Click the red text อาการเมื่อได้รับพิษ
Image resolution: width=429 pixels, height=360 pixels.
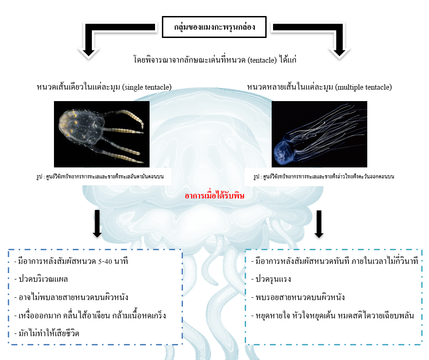pyautogui.click(x=214, y=196)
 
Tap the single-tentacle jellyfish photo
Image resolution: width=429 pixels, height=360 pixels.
pyautogui.click(x=102, y=134)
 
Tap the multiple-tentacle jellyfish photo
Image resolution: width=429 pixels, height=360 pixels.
pyautogui.click(x=319, y=134)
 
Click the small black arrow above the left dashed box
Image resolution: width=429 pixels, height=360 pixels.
pyautogui.click(x=97, y=225)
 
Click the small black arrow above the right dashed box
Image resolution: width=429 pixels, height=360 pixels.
pyautogui.click(x=319, y=225)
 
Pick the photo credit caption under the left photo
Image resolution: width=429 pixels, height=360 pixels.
pyautogui.click(x=112, y=176)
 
